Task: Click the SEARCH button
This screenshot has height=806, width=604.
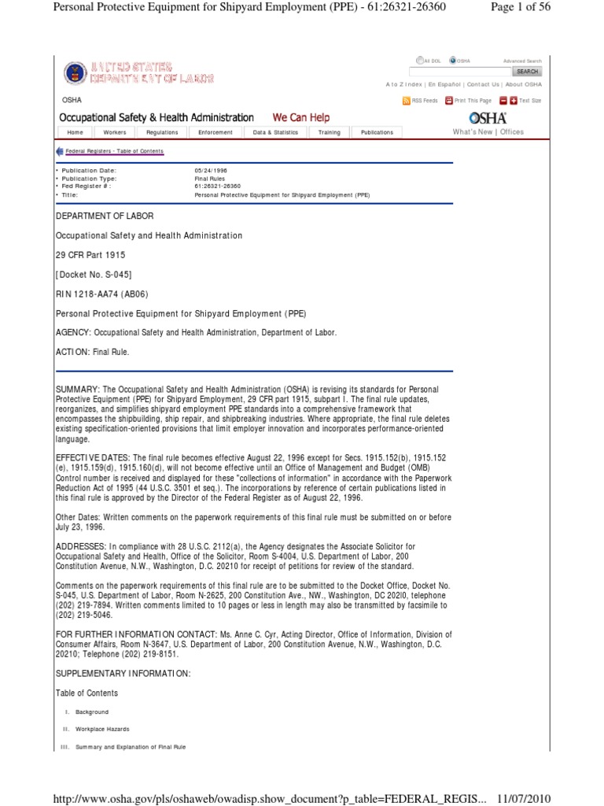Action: pyautogui.click(x=527, y=72)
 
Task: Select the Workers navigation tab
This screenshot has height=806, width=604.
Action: pyautogui.click(x=115, y=132)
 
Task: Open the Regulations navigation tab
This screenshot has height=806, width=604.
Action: pyautogui.click(x=162, y=132)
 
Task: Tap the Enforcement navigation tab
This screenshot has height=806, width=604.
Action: pyautogui.click(x=215, y=132)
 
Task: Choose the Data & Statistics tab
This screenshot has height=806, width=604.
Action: pyautogui.click(x=275, y=132)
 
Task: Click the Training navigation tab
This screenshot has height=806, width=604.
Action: pyautogui.click(x=329, y=132)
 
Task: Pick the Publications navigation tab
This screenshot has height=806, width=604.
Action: pyautogui.click(x=377, y=132)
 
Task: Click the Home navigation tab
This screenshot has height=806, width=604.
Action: pyautogui.click(x=75, y=132)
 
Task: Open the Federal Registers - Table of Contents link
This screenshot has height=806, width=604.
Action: pyautogui.click(x=114, y=151)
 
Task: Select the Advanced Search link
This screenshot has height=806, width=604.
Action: pyautogui.click(x=522, y=61)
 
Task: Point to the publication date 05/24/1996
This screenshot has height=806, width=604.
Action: pyautogui.click(x=211, y=170)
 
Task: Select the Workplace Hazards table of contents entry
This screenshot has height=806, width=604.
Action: pyautogui.click(x=102, y=729)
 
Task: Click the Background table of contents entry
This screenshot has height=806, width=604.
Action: pyautogui.click(x=92, y=712)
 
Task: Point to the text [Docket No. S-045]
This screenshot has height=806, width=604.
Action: pyautogui.click(x=94, y=275)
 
